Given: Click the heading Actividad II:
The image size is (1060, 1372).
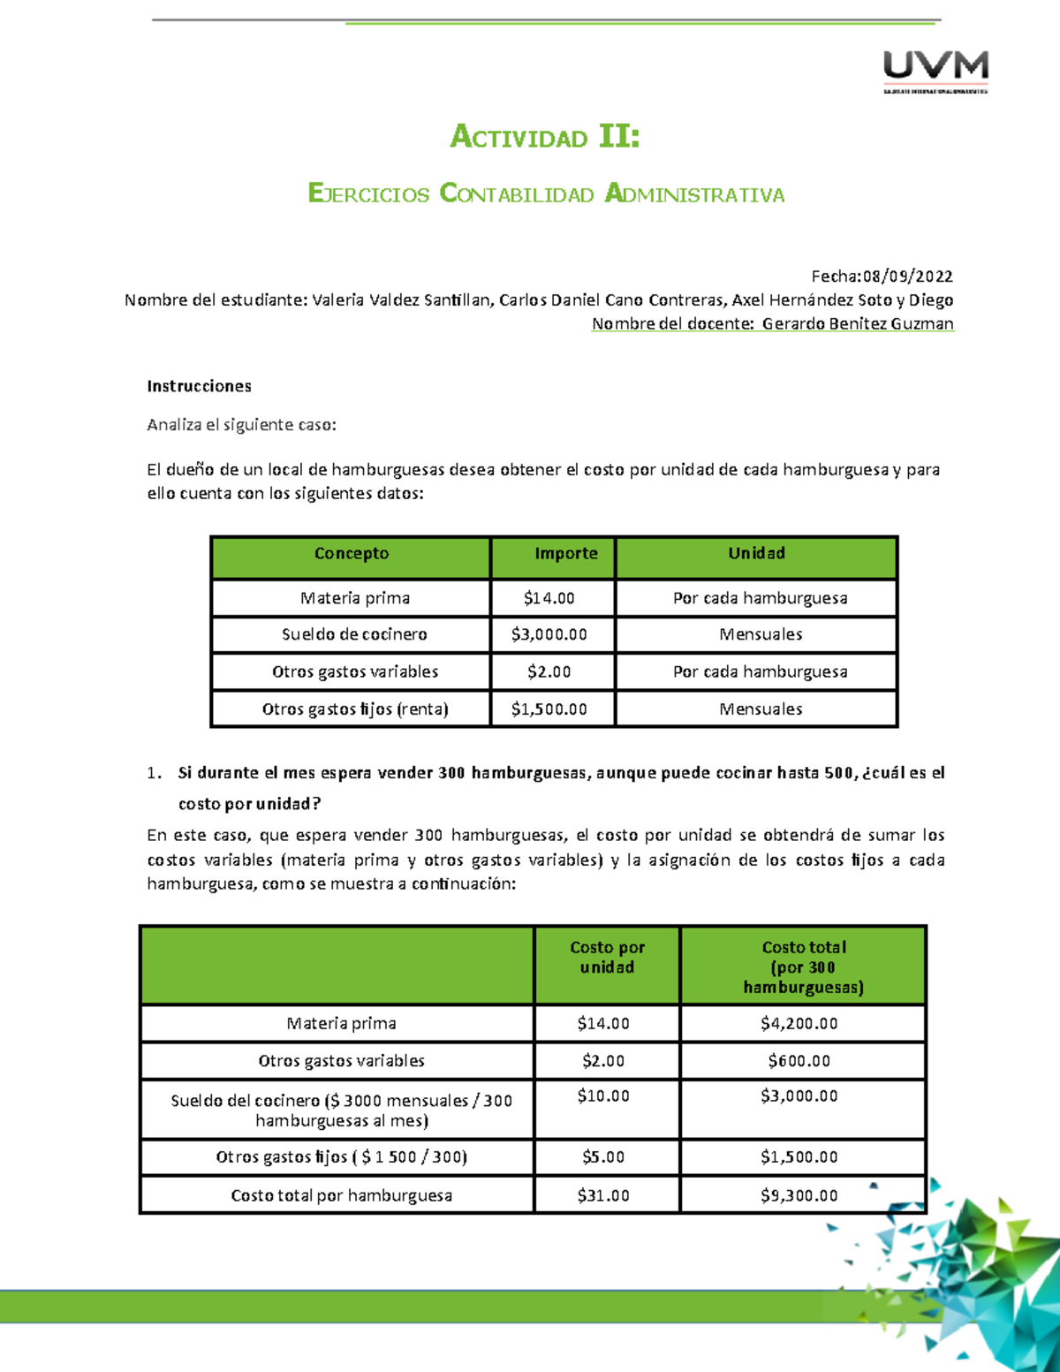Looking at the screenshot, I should pyautogui.click(x=545, y=137).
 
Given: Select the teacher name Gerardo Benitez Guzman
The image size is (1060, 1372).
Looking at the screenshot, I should pyautogui.click(x=858, y=323).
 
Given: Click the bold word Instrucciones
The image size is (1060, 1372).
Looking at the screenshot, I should pyautogui.click(x=199, y=386).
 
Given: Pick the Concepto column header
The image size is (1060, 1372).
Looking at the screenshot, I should pyautogui.click(x=351, y=554).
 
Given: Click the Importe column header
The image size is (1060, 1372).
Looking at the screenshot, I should pyautogui.click(x=565, y=554).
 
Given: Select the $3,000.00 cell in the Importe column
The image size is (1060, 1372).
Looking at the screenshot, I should pyautogui.click(x=549, y=634).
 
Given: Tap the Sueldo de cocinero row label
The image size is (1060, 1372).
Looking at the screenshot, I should pyautogui.click(x=354, y=634).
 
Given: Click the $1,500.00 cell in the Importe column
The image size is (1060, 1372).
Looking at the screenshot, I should pyautogui.click(x=549, y=709).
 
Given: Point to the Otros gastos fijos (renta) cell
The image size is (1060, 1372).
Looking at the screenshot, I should pyautogui.click(x=355, y=709).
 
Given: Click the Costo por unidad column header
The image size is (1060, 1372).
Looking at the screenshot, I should pyautogui.click(x=607, y=957).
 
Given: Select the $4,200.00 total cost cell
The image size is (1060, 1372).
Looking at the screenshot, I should pyautogui.click(x=799, y=1023).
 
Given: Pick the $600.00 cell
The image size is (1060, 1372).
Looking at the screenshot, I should pyautogui.click(x=799, y=1060).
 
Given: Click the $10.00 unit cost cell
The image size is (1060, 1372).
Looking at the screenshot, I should pyautogui.click(x=603, y=1096).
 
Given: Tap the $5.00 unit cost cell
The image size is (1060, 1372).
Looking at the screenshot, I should pyautogui.click(x=603, y=1156).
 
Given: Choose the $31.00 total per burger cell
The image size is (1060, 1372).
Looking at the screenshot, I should pyautogui.click(x=603, y=1195).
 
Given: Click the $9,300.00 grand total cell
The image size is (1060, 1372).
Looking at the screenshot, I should pyautogui.click(x=799, y=1195).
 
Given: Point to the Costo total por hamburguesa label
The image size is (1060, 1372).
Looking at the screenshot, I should pyautogui.click(x=341, y=1195).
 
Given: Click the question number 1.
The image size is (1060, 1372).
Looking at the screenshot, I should pyautogui.click(x=154, y=773).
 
